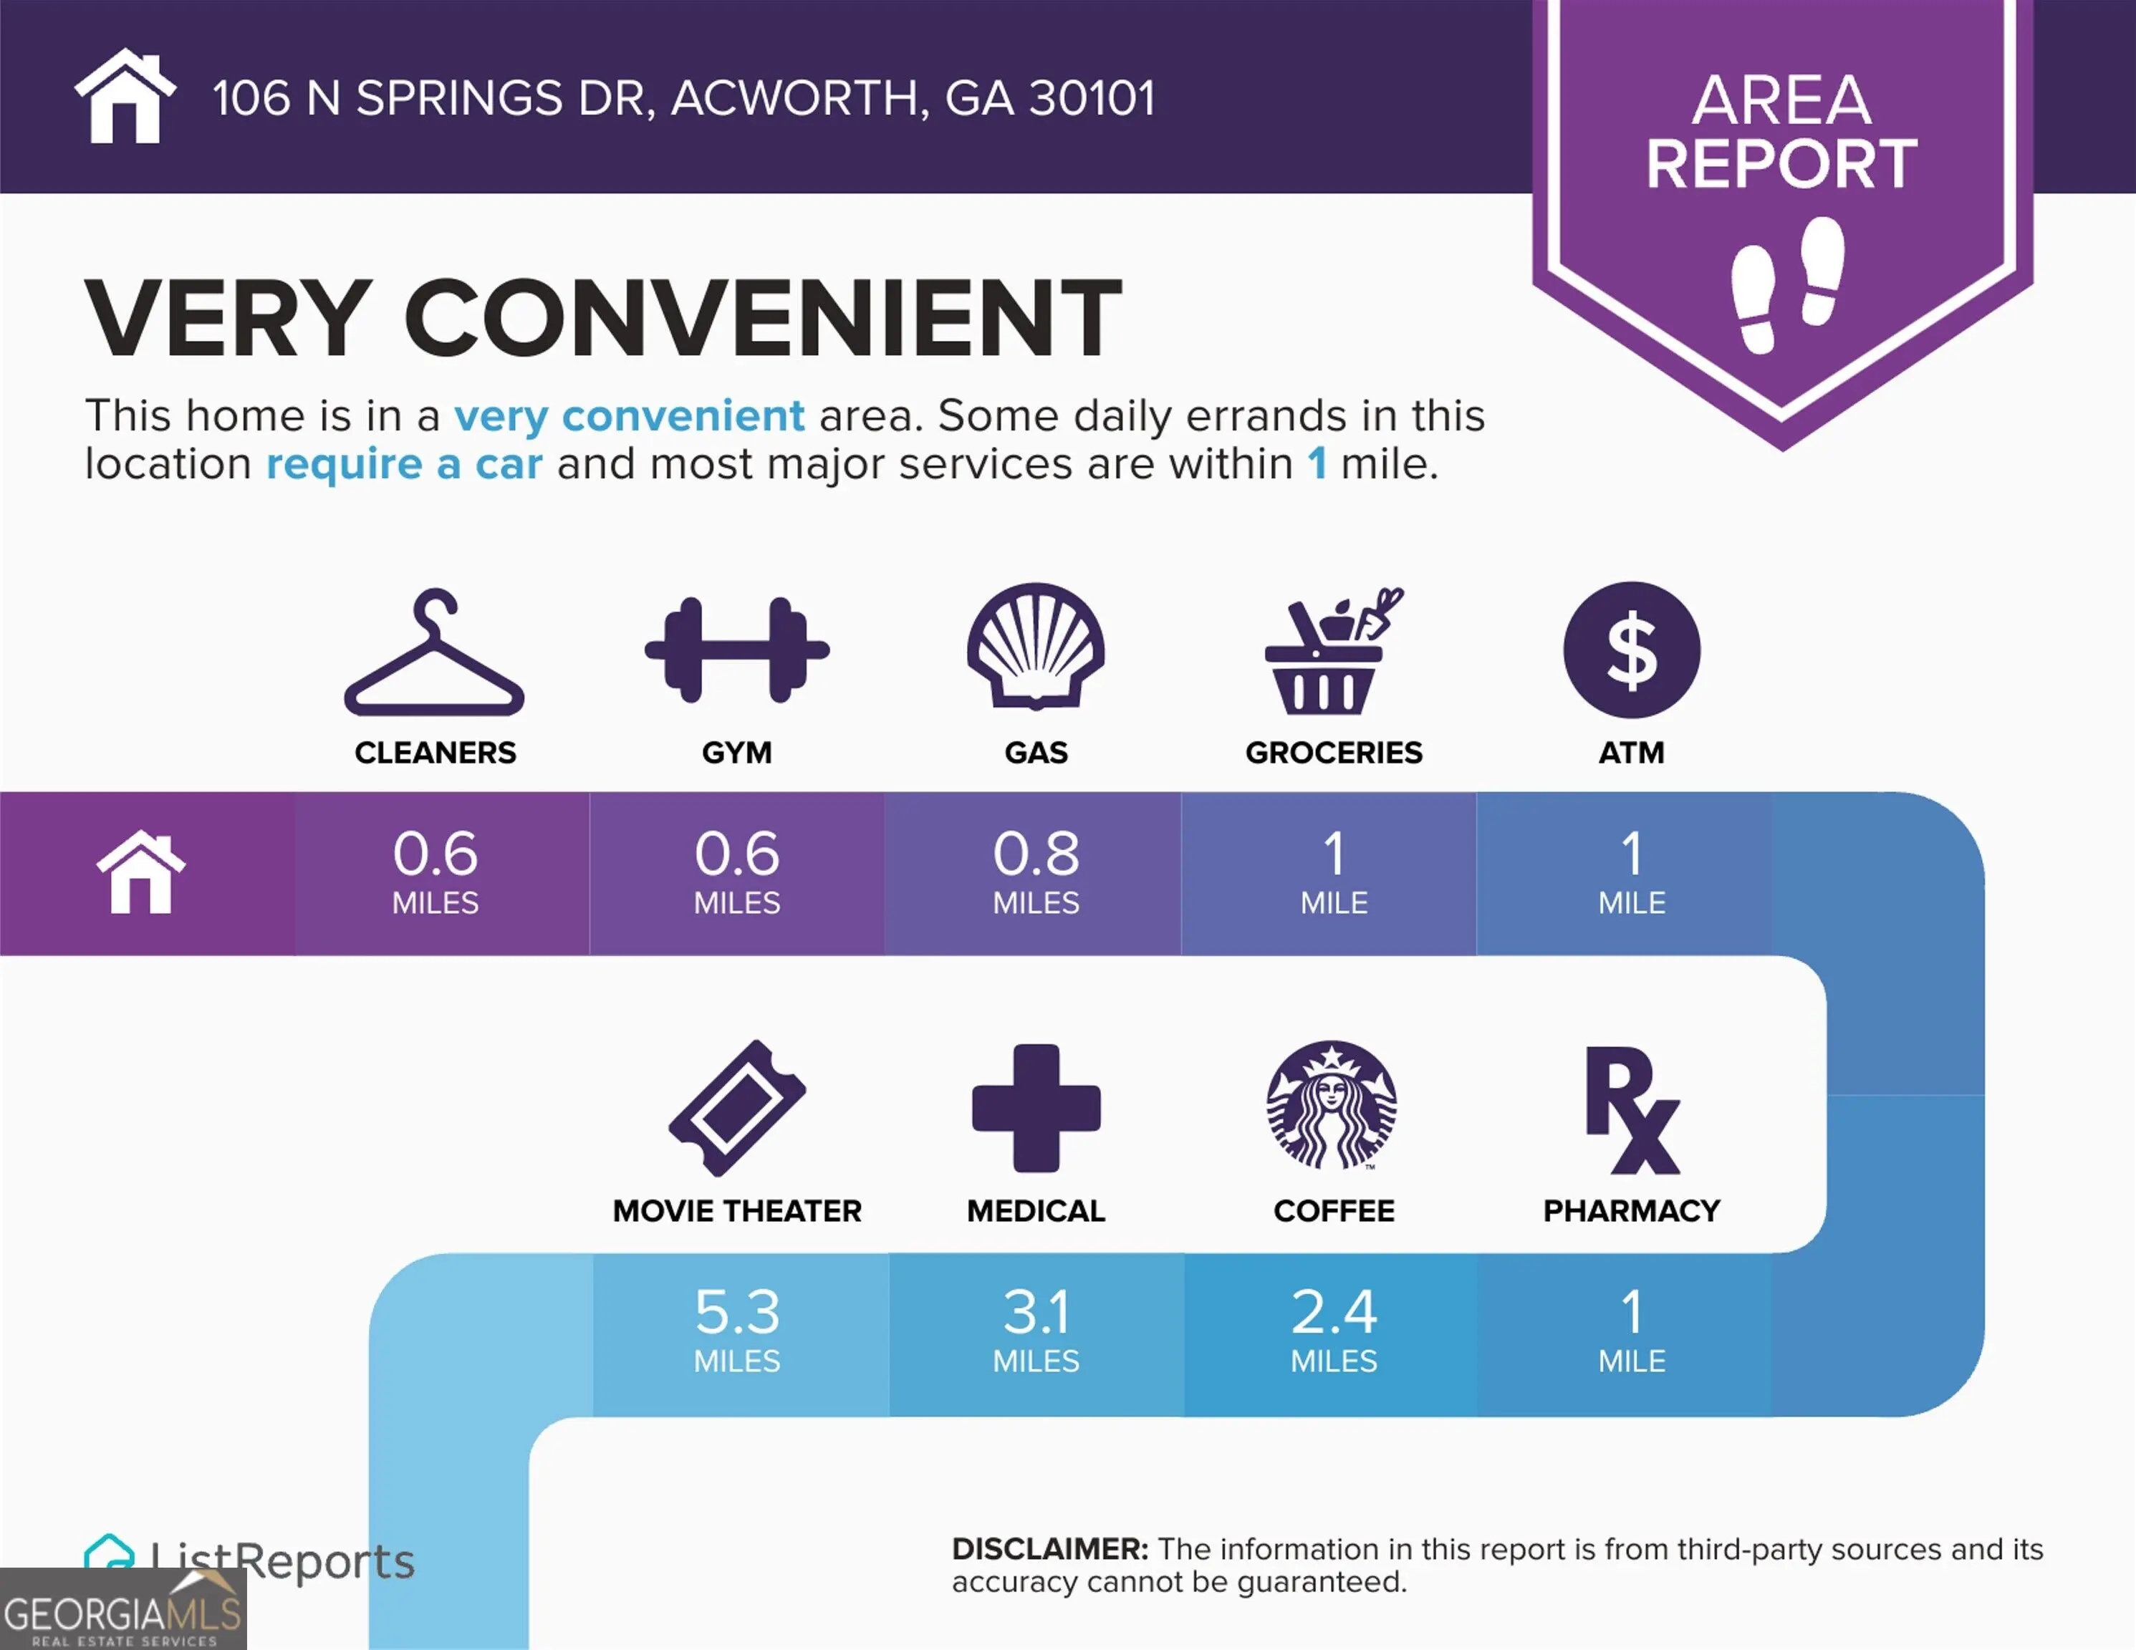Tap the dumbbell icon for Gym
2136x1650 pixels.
tap(736, 650)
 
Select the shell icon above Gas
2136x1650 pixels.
tap(1036, 645)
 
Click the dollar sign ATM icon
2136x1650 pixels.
tap(1631, 650)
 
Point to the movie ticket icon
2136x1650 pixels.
tap(736, 1108)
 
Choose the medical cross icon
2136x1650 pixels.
tap(1036, 1108)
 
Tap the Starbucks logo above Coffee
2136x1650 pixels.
tap(1332, 1105)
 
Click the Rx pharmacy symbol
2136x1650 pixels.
tap(1631, 1110)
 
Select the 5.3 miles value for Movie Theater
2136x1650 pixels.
tap(738, 1329)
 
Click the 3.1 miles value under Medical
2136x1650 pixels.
tap(1036, 1329)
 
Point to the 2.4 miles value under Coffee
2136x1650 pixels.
tap(1334, 1329)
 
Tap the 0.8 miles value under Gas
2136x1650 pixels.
tap(1036, 872)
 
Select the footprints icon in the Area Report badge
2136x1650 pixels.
tap(1788, 284)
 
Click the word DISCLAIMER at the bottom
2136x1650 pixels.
tap(1049, 1548)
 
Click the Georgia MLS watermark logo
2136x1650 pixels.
tap(123, 1609)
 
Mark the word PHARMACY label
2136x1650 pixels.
tap(1631, 1211)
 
